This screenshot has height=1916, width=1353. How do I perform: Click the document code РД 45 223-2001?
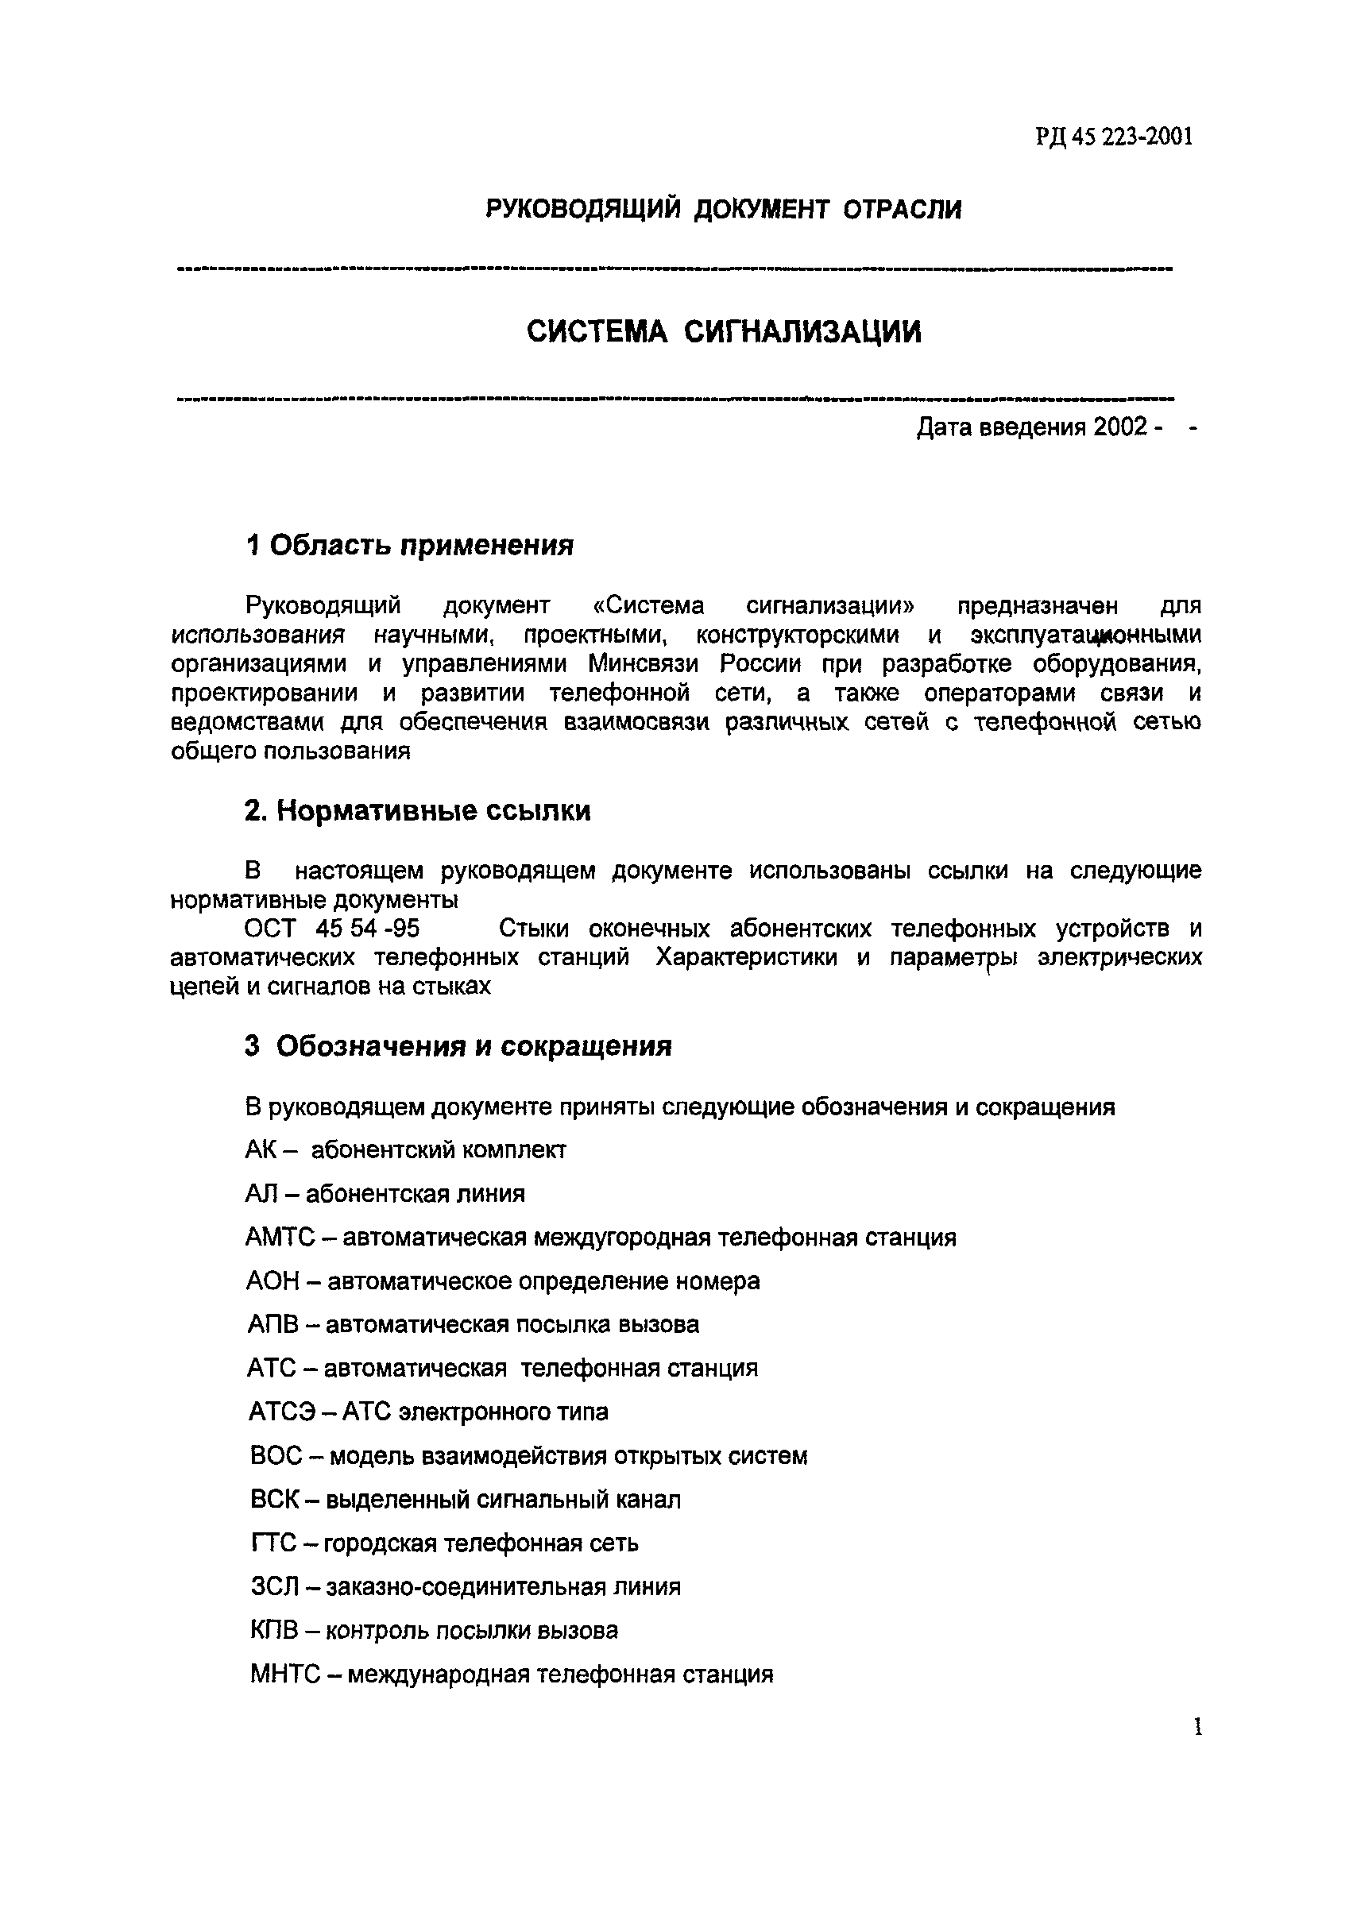[1115, 136]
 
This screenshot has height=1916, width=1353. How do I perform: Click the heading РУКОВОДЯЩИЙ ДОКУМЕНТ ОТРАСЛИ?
[724, 209]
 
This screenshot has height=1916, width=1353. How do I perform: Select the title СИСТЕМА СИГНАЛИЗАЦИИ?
[724, 332]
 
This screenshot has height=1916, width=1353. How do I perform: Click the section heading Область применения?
[422, 545]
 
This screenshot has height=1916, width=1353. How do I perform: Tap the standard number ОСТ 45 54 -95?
[332, 928]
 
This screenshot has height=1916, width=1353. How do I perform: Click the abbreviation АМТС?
[280, 1237]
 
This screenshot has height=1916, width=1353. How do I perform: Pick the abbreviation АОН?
[272, 1281]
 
